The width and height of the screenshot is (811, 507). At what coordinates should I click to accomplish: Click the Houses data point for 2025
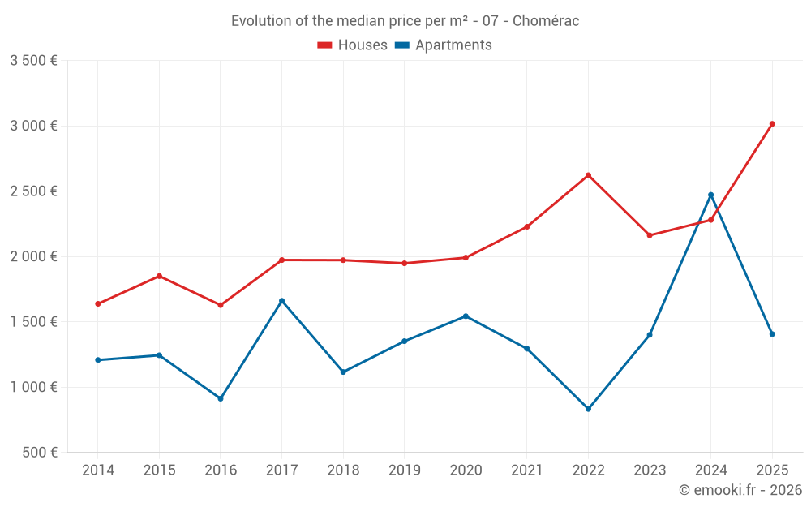pyautogui.click(x=772, y=124)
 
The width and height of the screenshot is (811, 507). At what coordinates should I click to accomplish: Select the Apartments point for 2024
pyautogui.click(x=710, y=195)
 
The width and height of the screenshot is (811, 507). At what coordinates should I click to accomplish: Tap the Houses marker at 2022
pyautogui.click(x=588, y=175)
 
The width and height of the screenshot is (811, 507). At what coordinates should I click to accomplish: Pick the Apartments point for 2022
pyautogui.click(x=588, y=409)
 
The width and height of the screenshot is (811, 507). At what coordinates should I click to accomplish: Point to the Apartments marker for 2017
pyautogui.click(x=281, y=301)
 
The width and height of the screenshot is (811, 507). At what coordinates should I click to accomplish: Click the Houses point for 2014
pyautogui.click(x=98, y=304)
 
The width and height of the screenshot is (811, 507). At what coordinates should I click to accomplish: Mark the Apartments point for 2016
pyautogui.click(x=221, y=398)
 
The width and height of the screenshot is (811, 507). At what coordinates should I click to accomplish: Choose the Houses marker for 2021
pyautogui.click(x=527, y=226)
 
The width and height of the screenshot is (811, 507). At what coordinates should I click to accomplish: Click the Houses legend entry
pyautogui.click(x=353, y=45)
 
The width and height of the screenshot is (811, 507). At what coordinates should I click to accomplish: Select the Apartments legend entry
pyautogui.click(x=444, y=45)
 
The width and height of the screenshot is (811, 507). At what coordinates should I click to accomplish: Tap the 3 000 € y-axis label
pyautogui.click(x=33, y=126)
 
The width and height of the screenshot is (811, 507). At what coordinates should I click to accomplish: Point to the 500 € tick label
pyautogui.click(x=38, y=453)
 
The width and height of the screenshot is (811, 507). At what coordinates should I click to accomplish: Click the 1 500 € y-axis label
pyautogui.click(x=33, y=322)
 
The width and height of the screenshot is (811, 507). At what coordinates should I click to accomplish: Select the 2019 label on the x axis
pyautogui.click(x=404, y=470)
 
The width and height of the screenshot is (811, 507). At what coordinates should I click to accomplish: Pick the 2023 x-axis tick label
pyautogui.click(x=650, y=470)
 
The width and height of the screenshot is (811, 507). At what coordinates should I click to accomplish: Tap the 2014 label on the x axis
pyautogui.click(x=98, y=470)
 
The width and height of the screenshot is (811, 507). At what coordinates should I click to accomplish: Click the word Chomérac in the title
pyautogui.click(x=547, y=21)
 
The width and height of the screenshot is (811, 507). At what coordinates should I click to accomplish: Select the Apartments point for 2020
pyautogui.click(x=466, y=316)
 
